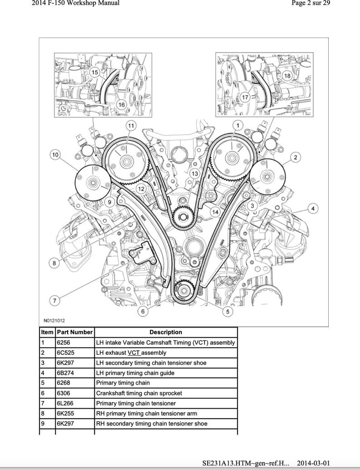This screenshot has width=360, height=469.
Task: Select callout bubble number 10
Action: click(x=55, y=155)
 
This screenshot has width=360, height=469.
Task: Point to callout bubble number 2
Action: click(x=295, y=157)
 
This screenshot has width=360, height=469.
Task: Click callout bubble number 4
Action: click(x=312, y=208)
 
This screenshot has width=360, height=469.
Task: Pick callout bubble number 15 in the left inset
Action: click(x=94, y=72)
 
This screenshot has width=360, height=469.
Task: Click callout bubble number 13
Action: click(x=194, y=174)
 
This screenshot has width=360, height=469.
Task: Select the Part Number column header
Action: click(x=75, y=332)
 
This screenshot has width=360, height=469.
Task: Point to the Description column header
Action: click(x=166, y=332)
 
